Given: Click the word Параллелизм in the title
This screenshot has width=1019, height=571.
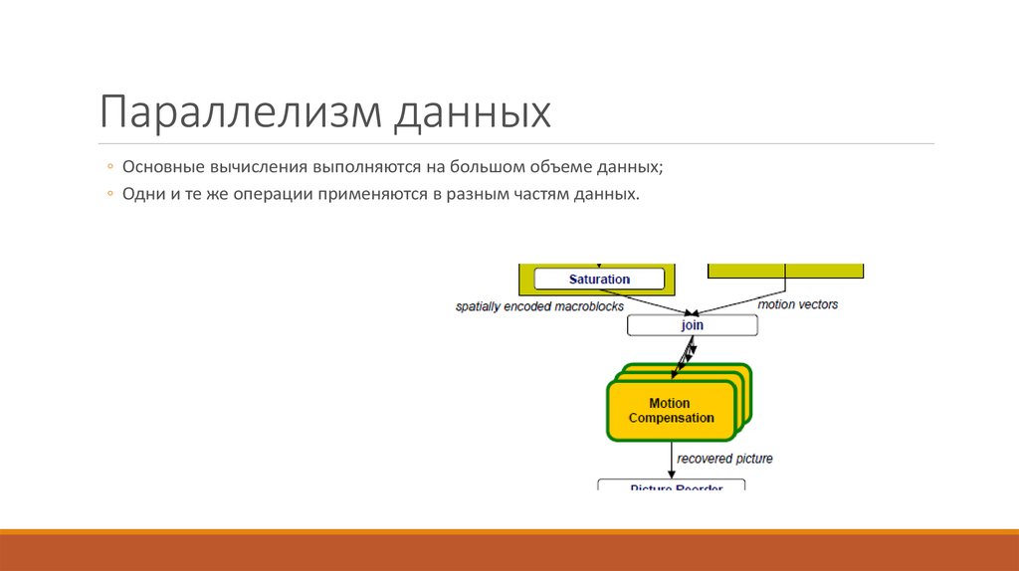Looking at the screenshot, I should point(237,112).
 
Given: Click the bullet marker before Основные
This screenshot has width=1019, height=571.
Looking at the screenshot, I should point(110,167).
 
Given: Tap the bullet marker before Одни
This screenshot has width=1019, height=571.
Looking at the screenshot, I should point(110,195).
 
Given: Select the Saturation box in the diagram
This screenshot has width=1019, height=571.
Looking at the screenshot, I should point(599,280).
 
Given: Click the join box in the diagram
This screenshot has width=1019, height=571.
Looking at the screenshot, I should point(692,325).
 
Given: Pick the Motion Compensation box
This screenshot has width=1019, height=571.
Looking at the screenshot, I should point(669,411).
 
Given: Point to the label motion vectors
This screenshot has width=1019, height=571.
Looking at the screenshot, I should point(798,304).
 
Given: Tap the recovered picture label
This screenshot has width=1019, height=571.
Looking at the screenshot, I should point(724,459).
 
